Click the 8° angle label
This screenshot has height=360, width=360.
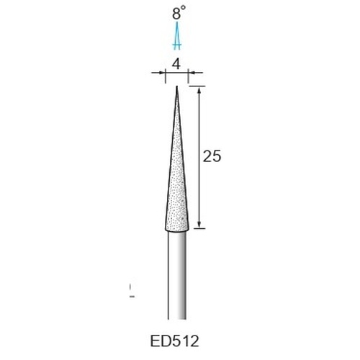(179, 12)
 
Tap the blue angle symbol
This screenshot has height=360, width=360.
(177, 36)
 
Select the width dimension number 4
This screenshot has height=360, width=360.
(176, 64)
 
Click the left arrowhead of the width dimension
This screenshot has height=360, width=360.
(163, 73)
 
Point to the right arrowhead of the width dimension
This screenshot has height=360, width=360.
(191, 73)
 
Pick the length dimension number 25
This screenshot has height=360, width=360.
(212, 156)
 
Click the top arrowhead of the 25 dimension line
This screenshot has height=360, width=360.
(199, 91)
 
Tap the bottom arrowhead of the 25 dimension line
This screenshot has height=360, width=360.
(199, 225)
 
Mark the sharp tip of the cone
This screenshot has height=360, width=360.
(177, 86)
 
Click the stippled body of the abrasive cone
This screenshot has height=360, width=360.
(177, 187)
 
